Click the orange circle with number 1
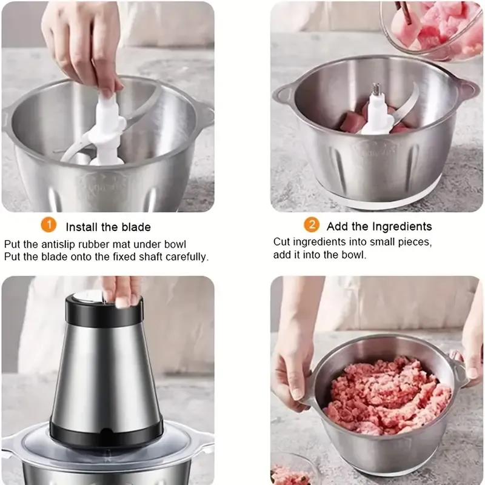[x=48, y=225]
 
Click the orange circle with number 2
[x=312, y=225]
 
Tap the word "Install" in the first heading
[x=82, y=227]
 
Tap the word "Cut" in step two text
[x=281, y=242]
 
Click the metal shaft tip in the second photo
[x=376, y=89]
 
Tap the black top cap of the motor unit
[x=104, y=309]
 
